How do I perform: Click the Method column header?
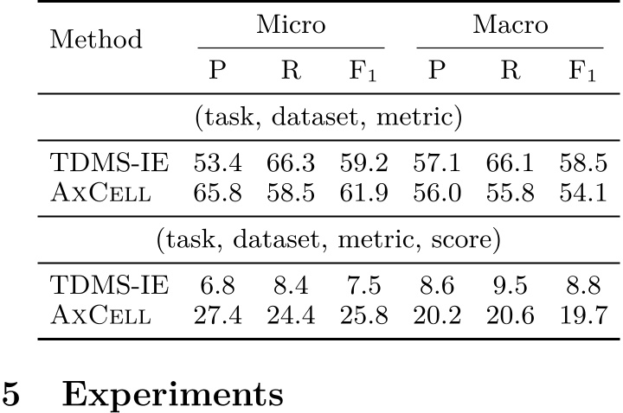tap(95, 39)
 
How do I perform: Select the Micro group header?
tap(290, 25)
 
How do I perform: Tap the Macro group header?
tap(510, 25)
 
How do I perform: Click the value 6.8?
tap(217, 284)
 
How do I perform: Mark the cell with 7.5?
tap(363, 284)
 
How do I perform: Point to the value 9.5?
tap(510, 284)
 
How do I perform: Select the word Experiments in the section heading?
tap(173, 395)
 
